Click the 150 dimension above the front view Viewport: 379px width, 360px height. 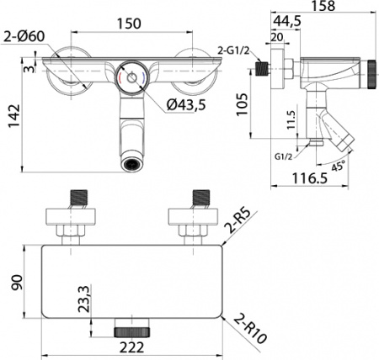click(129, 24)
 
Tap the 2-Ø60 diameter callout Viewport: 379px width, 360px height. click(24, 36)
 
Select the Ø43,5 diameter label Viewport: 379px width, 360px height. click(186, 105)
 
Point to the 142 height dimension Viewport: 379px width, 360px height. click(14, 116)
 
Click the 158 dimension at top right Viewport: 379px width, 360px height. click(323, 6)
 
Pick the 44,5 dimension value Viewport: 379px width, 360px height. click(287, 21)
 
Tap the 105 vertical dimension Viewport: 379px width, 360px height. click(242, 104)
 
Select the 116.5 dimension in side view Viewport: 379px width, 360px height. click(310, 178)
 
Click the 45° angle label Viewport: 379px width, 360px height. click(337, 167)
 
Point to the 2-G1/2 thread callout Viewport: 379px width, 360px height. click(233, 50)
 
